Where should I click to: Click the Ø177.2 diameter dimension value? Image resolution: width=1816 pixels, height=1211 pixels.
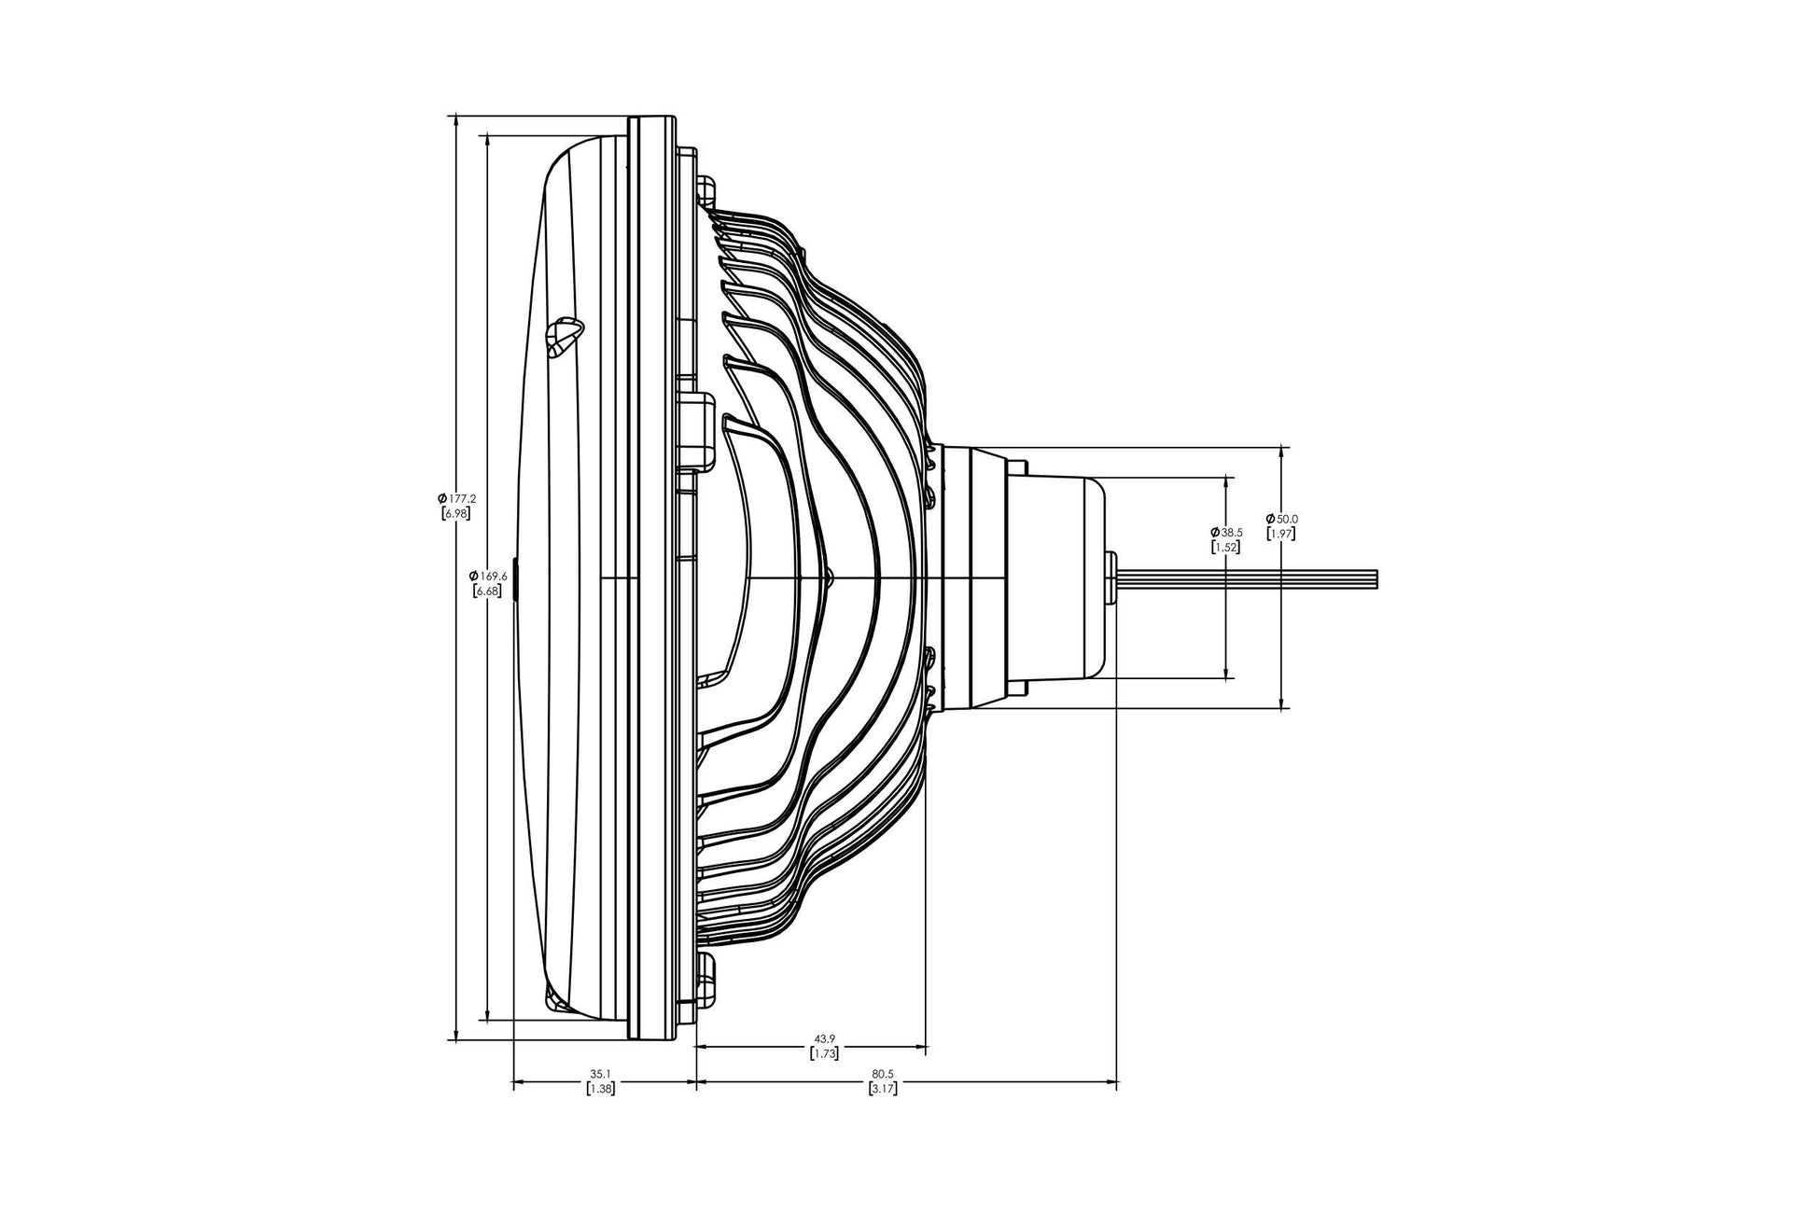click(456, 499)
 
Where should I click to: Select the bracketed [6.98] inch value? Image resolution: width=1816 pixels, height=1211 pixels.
click(456, 514)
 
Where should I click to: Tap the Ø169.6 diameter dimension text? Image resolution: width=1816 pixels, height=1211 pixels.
click(489, 576)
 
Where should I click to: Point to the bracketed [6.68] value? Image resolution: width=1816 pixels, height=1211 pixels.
click(489, 591)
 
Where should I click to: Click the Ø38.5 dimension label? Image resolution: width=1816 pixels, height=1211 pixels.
click(1225, 532)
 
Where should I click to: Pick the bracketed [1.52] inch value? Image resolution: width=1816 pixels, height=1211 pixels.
click(1225, 548)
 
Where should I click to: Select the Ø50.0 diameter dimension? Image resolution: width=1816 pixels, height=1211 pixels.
click(1281, 518)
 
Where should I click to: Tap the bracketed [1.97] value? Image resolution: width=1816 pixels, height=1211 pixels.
click(1281, 534)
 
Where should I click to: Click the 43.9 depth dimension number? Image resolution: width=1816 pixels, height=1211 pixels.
click(824, 1038)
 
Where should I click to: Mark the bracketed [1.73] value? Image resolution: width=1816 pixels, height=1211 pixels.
click(824, 1053)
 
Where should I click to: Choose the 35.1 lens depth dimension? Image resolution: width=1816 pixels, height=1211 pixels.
click(600, 1074)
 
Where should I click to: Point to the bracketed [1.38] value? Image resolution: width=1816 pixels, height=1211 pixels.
click(600, 1089)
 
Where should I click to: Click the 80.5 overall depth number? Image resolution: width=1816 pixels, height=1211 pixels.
click(883, 1074)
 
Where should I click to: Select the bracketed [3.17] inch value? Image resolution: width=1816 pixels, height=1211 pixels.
click(883, 1089)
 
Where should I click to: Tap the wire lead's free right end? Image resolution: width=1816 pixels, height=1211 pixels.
click(1376, 578)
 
